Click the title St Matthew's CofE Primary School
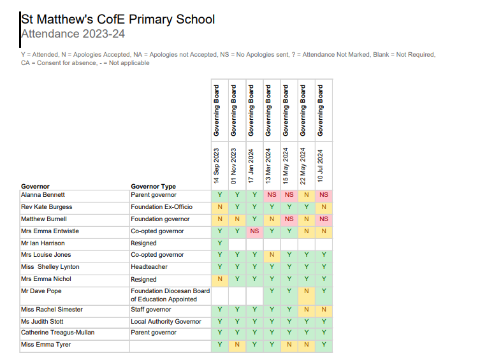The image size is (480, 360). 118,19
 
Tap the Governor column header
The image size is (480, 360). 35,186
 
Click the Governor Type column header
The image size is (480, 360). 153,186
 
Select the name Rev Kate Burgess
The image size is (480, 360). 47,207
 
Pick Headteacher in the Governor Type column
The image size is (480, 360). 149,267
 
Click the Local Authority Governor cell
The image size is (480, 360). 166,322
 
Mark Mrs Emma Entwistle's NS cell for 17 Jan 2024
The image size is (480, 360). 254,231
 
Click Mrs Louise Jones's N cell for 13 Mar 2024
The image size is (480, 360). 272,255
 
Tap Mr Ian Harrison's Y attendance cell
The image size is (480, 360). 220,243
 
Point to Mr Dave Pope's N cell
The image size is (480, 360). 307,291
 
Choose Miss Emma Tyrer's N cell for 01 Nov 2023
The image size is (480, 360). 237,345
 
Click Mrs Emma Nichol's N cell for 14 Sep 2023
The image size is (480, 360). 220,279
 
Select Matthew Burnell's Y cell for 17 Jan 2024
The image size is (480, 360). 254,219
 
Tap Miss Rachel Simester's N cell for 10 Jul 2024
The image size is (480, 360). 324,310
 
